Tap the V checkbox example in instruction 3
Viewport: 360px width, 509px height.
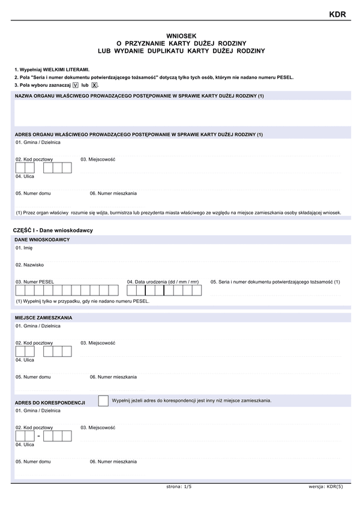[75, 85]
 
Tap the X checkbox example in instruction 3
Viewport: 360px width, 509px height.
[94, 85]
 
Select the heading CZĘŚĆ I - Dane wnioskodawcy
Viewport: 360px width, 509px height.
[53, 230]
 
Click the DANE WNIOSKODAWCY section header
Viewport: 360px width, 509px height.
[42, 240]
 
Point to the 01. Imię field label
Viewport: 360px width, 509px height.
[24, 248]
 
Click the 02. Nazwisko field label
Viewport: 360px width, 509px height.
[29, 264]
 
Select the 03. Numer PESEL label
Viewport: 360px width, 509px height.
[35, 282]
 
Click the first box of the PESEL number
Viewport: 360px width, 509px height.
[20, 291]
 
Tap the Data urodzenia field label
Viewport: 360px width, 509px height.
[162, 282]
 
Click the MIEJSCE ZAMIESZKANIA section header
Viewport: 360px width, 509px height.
[44, 317]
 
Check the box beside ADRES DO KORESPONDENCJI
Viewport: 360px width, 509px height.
[103, 400]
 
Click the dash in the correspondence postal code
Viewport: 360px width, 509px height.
[38, 436]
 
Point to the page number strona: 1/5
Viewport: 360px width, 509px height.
[179, 487]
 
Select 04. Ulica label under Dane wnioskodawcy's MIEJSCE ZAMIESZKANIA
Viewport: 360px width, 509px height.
[25, 360]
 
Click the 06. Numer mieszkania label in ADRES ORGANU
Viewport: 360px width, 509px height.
[113, 193]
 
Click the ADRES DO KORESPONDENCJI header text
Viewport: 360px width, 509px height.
[50, 402]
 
